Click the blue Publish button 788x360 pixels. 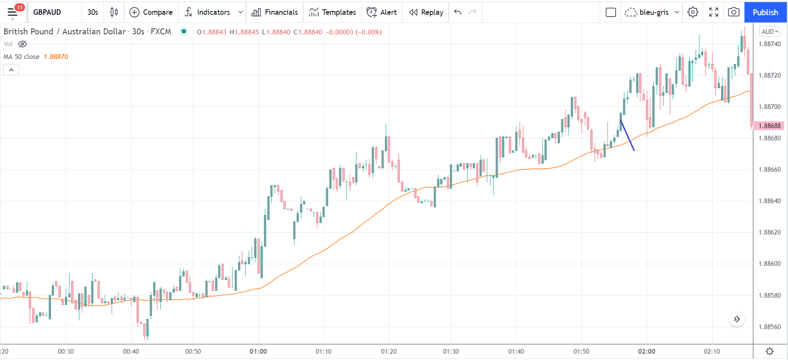coord(765,12)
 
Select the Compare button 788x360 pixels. coord(151,12)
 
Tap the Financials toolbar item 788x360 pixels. coord(275,12)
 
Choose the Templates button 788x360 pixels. coord(332,12)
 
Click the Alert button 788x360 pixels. coord(382,12)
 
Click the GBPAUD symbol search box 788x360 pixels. coord(47,12)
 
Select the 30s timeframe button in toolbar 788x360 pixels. coord(93,12)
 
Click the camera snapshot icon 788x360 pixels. coord(733,12)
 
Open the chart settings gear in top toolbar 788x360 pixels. coord(692,12)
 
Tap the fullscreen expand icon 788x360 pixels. coord(714,12)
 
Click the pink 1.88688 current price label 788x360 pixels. coord(769,126)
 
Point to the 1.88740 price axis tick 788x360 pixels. coord(769,44)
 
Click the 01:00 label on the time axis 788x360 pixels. coord(258,351)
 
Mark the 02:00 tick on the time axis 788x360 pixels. coord(647,351)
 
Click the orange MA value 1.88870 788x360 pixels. coord(56,57)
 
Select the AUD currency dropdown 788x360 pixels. coord(770,32)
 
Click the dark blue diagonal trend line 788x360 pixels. coord(627,136)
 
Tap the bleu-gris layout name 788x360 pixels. coord(654,12)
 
